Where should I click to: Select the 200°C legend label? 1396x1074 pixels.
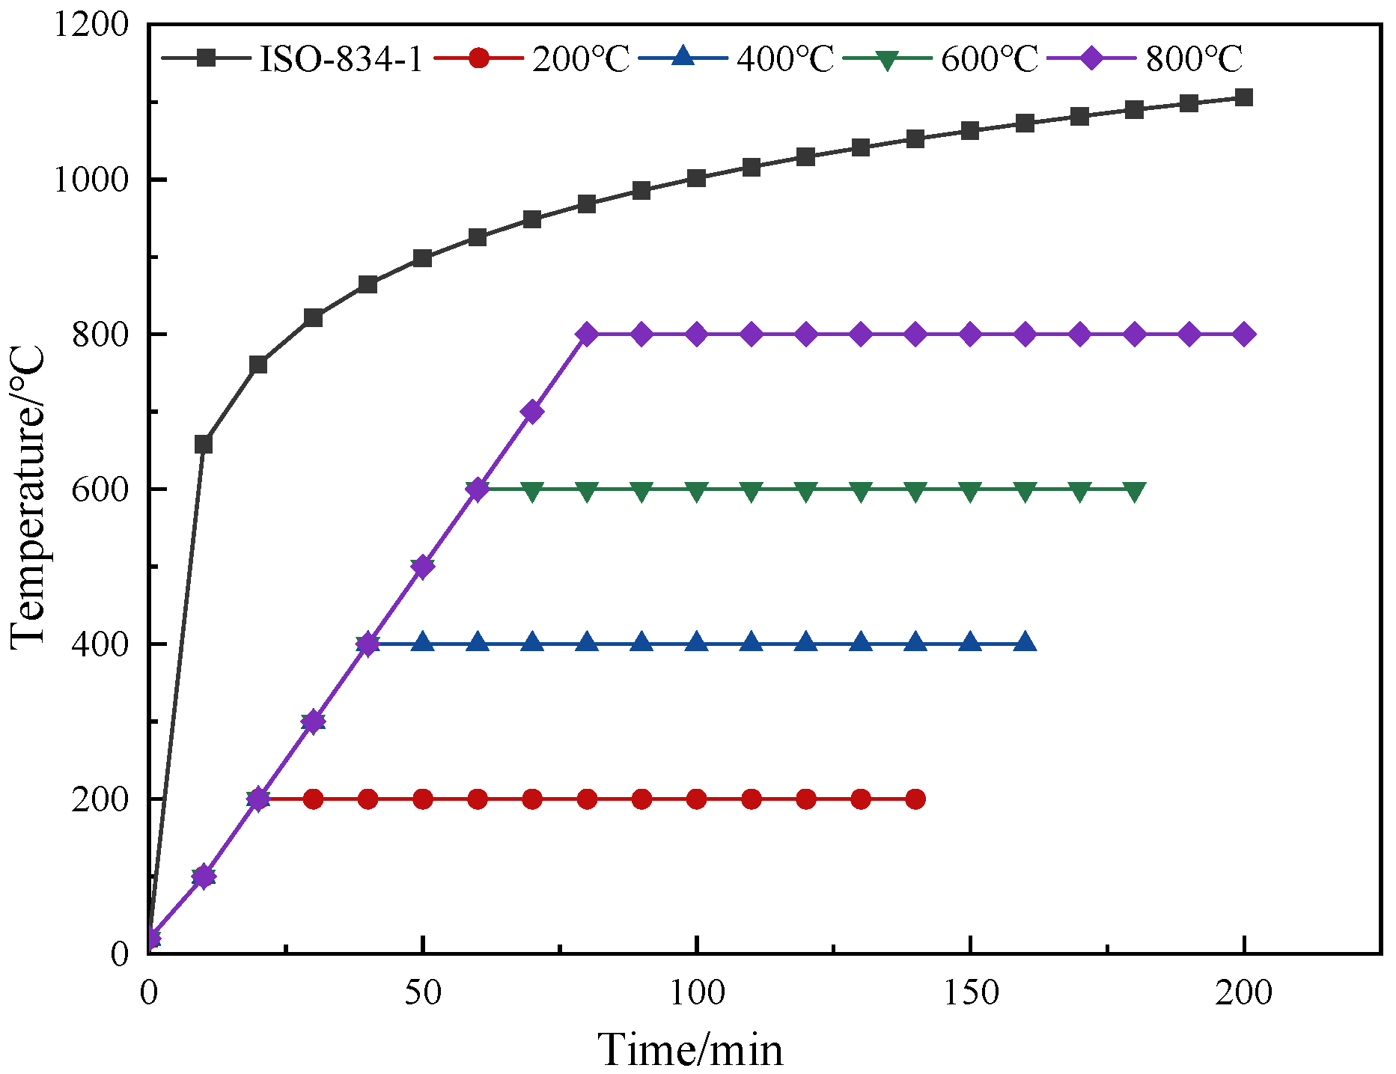point(581,58)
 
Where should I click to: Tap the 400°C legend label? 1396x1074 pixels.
point(784,58)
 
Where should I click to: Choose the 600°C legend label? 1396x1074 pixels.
point(989,58)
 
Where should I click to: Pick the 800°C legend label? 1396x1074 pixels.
point(1194,58)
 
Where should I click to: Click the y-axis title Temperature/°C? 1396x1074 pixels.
point(28,498)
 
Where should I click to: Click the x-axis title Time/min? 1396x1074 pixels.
point(690,1049)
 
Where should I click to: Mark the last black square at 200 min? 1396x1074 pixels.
point(1244,97)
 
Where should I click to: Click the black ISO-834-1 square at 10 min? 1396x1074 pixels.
point(204,445)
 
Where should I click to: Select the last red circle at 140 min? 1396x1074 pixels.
point(915,799)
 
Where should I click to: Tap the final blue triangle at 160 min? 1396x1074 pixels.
point(1025,643)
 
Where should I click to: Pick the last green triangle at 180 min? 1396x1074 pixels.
point(1135,491)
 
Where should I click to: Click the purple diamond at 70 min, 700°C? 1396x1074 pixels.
point(532,412)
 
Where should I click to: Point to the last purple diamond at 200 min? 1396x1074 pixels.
point(1244,334)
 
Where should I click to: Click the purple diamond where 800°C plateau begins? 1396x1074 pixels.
point(587,334)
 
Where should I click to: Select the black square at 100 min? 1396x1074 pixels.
point(696,178)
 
